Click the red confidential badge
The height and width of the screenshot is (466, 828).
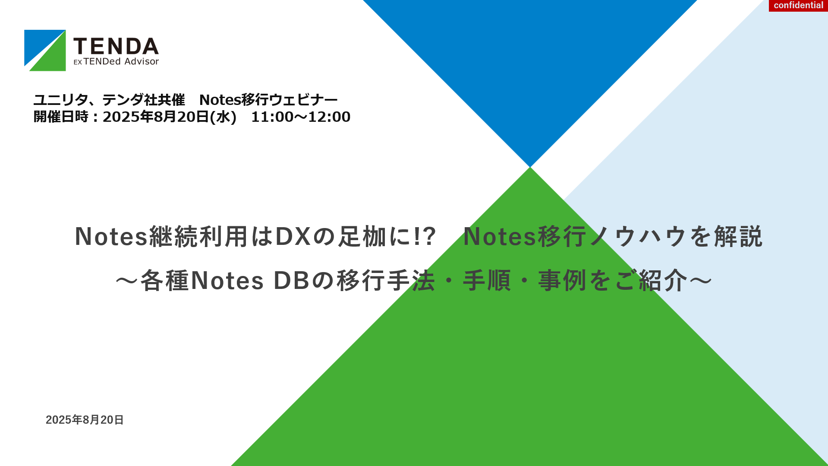798,6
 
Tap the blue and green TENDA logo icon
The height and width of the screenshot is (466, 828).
45,51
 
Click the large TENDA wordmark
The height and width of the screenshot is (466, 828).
116,46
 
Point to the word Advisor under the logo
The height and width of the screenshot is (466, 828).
142,62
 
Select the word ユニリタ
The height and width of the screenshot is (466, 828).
60,100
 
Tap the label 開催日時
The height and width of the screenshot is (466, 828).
61,117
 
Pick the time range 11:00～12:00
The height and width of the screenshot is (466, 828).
301,117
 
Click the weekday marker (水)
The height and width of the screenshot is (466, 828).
223,117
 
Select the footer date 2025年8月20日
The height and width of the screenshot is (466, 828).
85,420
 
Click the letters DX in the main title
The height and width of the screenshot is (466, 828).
293,237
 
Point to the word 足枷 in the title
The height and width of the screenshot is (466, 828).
362,237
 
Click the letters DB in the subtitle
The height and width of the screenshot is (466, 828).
292,281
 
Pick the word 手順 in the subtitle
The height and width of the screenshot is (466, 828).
487,281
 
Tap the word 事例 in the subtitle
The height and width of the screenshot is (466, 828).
562,281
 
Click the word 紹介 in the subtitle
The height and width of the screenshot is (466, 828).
663,281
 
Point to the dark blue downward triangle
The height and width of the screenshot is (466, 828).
530,65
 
